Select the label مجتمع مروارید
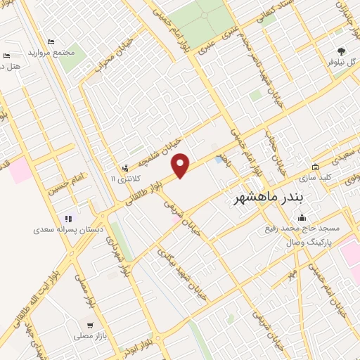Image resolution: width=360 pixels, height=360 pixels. coord(52,53)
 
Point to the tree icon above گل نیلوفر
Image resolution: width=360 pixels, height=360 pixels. coord(342,51)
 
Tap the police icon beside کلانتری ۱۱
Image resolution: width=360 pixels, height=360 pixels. coord(124,168)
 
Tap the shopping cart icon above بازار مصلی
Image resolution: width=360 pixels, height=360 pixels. coord(90,325)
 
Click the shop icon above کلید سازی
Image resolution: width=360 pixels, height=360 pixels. coord(314,167)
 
